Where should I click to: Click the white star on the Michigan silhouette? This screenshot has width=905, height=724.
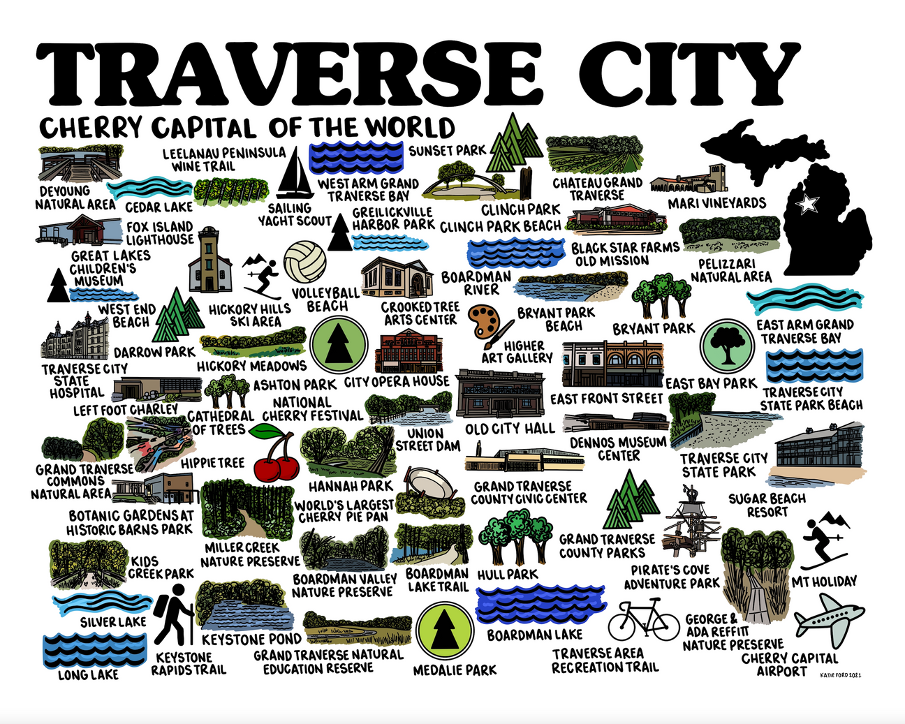808,204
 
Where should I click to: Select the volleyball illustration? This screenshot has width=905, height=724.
305,262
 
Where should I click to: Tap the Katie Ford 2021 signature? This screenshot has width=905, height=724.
841,674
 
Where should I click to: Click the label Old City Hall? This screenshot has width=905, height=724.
510,428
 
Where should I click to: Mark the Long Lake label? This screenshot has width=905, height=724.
88,674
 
